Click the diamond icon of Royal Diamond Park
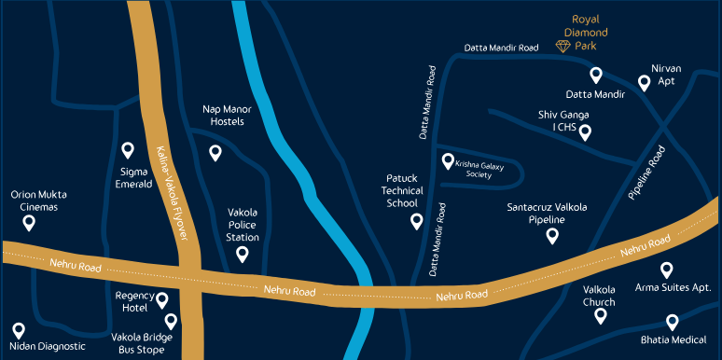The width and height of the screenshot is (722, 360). [563, 46]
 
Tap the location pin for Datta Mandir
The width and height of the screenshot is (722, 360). [595, 75]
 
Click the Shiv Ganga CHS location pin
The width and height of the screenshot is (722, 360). [586, 132]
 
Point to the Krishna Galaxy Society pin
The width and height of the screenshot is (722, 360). [448, 160]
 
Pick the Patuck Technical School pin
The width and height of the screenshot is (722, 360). [417, 221]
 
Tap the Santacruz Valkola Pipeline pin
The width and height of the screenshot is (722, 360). [551, 236]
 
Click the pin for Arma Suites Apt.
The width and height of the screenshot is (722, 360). [667, 270]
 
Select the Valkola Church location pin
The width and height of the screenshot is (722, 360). [600, 315]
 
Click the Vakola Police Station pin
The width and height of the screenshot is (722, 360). [243, 254]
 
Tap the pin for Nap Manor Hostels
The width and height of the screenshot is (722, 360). [215, 153]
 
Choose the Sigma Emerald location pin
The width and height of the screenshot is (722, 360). [129, 149]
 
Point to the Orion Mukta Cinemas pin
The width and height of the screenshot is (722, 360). [29, 223]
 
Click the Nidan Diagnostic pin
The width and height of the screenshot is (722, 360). [18, 330]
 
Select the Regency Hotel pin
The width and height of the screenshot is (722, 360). [162, 300]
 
